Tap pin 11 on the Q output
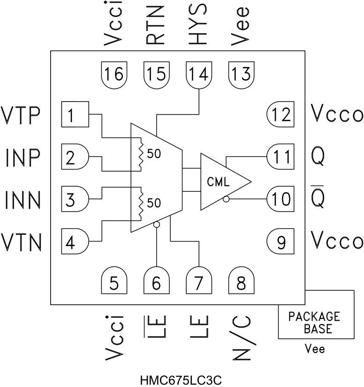pyautogui.click(x=281, y=157)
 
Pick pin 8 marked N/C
pyautogui.click(x=241, y=283)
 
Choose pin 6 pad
pyautogui.click(x=156, y=283)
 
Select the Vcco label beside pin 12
pyautogui.click(x=337, y=114)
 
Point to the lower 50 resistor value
pyautogui.click(x=154, y=203)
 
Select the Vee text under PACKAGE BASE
pyautogui.click(x=315, y=349)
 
